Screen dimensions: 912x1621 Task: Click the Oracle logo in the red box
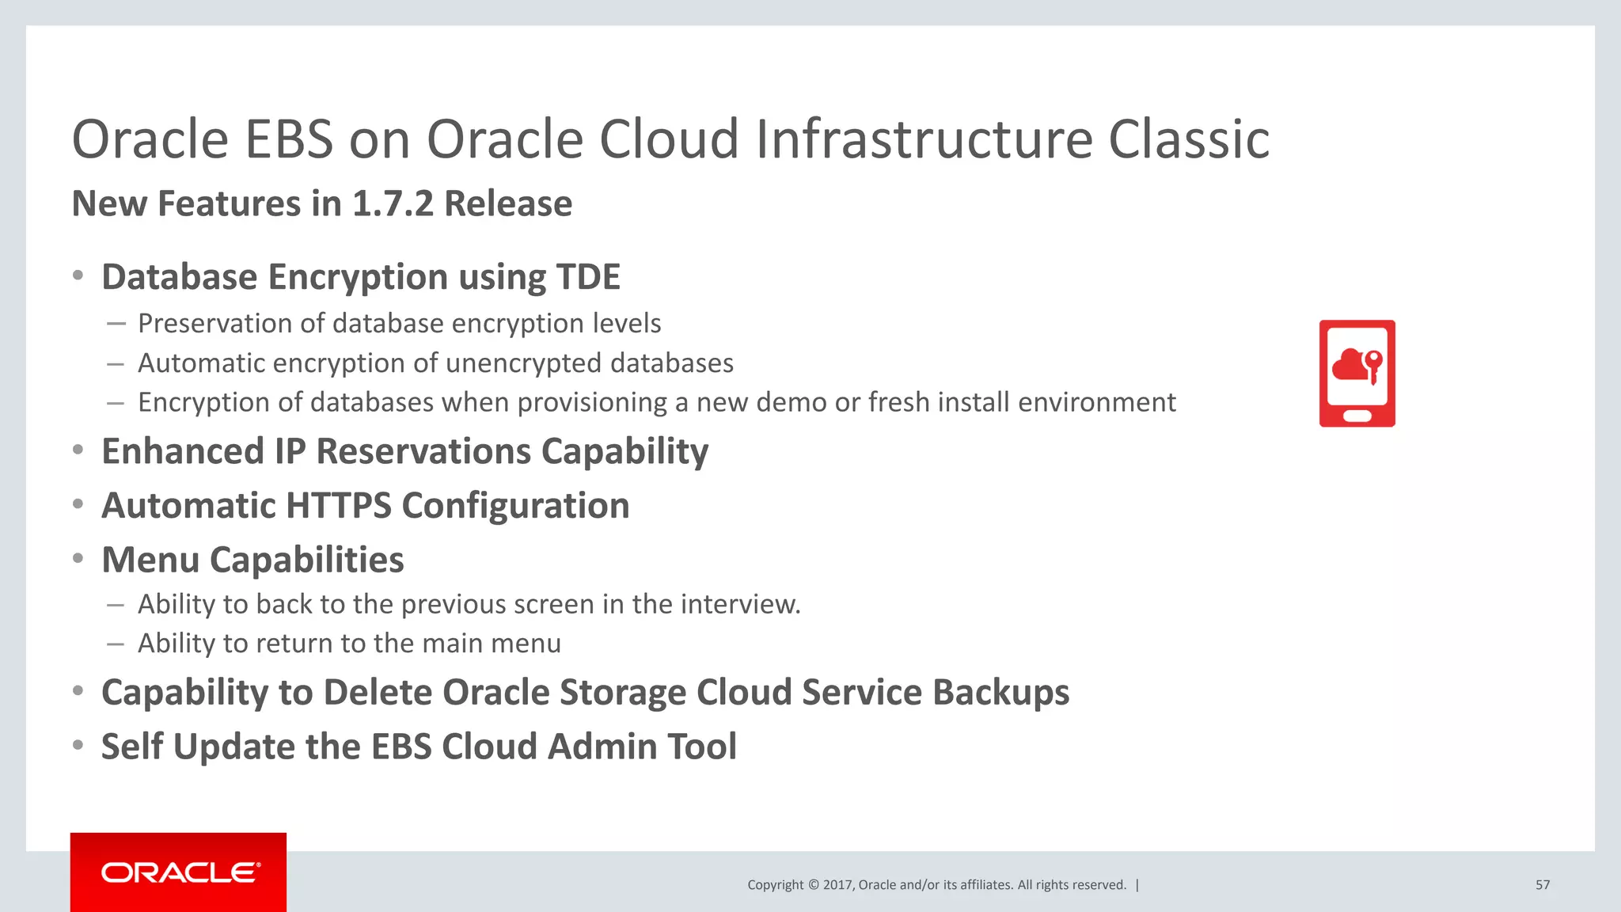pyautogui.click(x=180, y=872)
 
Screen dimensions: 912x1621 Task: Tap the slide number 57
pyautogui.click(x=1542, y=885)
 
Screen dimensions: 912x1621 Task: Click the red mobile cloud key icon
pyautogui.click(x=1357, y=374)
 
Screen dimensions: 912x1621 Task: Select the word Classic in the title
pyautogui.click(x=1189, y=139)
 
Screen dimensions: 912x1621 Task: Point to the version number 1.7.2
pyautogui.click(x=393, y=203)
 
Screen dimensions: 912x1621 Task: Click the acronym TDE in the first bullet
pyautogui.click(x=588, y=277)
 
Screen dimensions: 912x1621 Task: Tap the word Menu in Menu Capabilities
pyautogui.click(x=150, y=560)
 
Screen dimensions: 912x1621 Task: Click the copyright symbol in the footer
pyautogui.click(x=812, y=885)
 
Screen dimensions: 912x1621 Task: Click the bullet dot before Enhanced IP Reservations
pyautogui.click(x=78, y=450)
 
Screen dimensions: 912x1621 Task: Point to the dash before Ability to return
pyautogui.click(x=116, y=644)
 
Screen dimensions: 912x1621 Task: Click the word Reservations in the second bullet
pyautogui.click(x=423, y=451)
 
